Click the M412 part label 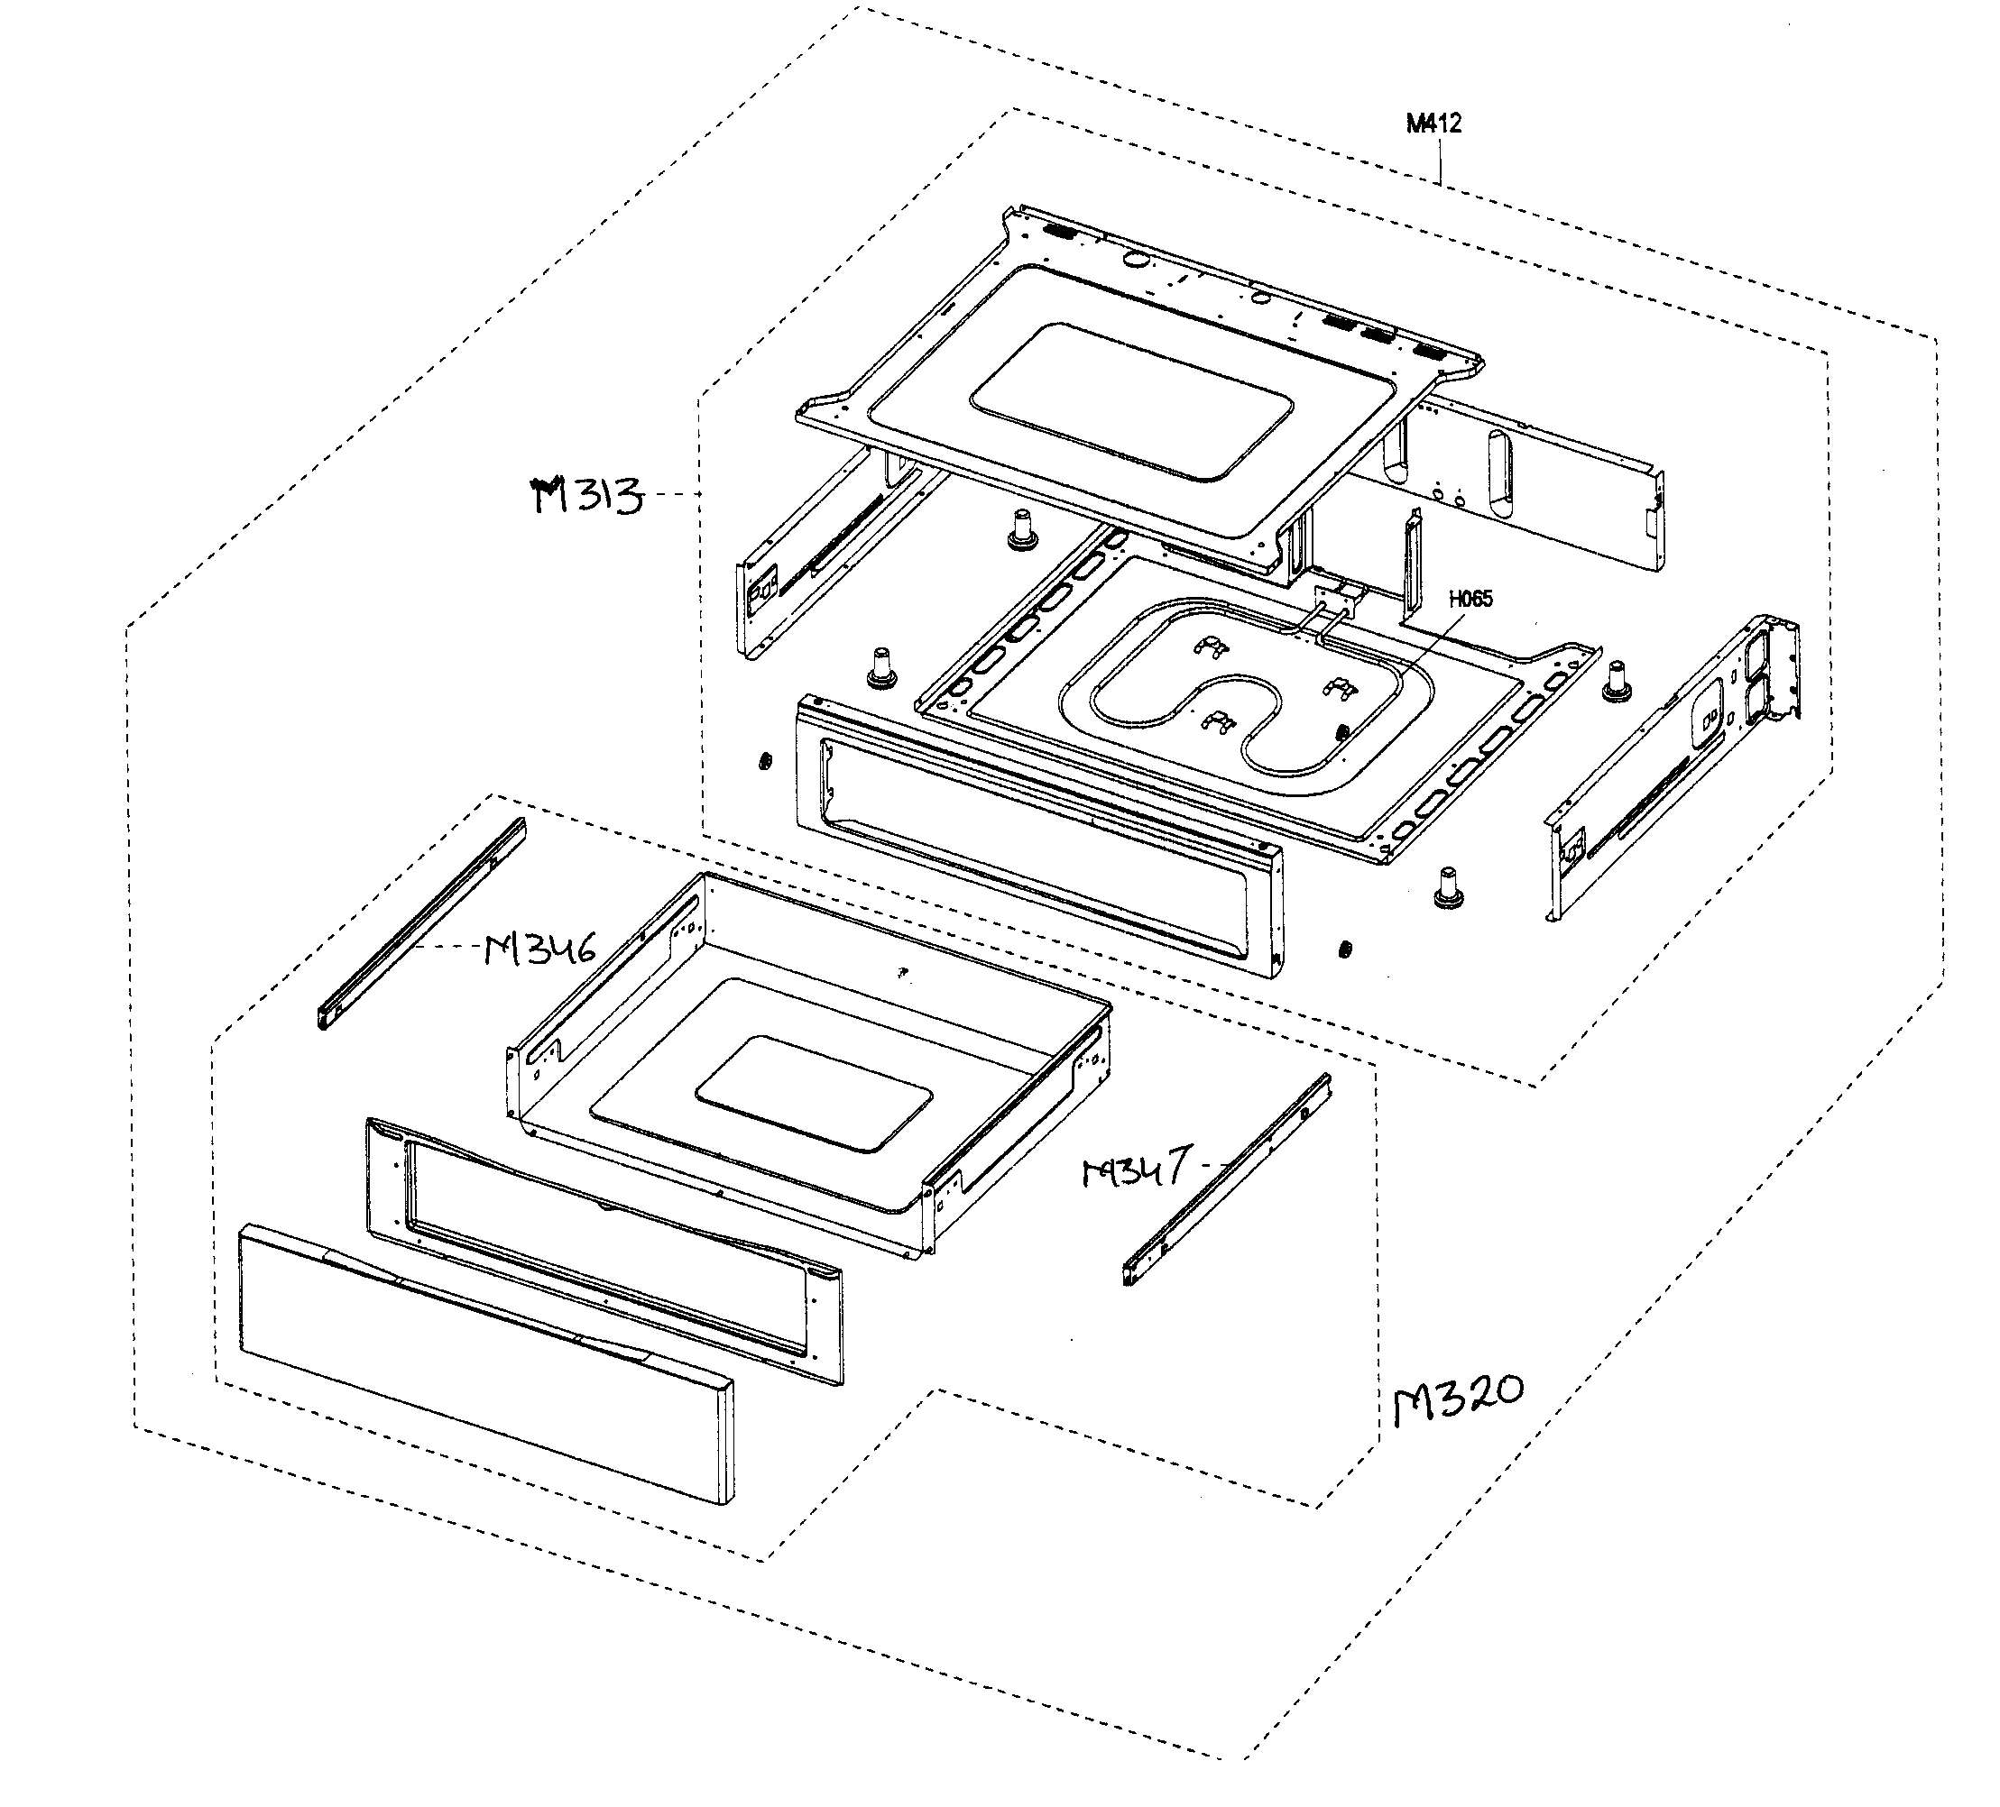pos(1433,124)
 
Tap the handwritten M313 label pos(587,496)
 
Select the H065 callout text pos(1470,599)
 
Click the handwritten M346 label pos(540,950)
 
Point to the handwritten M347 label pos(1135,1170)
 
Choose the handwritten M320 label pos(1457,1399)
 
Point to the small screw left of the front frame pos(765,762)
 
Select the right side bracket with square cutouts pos(1676,764)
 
